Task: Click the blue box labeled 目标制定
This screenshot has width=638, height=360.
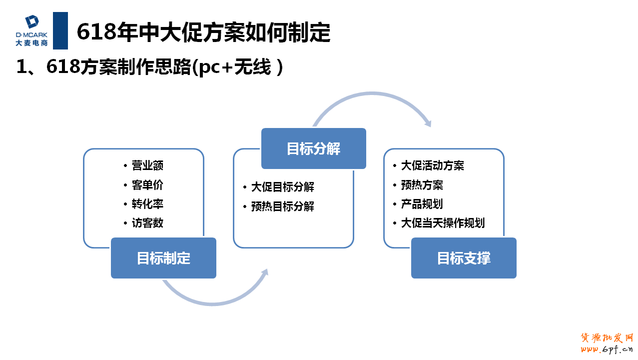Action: click(x=163, y=258)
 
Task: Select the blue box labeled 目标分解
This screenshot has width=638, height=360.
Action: click(x=313, y=148)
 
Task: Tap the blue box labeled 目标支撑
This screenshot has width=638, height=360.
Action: click(x=464, y=258)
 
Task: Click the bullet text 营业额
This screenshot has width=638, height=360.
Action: click(x=147, y=165)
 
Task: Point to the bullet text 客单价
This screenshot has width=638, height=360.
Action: click(x=147, y=185)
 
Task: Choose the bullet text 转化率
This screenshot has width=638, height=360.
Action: click(x=147, y=204)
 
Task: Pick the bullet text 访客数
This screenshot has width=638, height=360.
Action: click(x=147, y=223)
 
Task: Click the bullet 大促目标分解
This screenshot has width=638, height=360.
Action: click(x=282, y=187)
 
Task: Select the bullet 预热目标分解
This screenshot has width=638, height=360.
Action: click(x=282, y=206)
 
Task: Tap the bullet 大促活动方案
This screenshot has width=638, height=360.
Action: click(x=433, y=165)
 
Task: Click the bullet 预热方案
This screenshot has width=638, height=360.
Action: click(x=422, y=185)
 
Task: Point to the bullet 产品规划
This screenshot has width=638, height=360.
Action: click(x=422, y=204)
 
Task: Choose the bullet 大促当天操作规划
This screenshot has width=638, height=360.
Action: click(x=443, y=223)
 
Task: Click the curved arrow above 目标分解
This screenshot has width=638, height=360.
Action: click(x=372, y=95)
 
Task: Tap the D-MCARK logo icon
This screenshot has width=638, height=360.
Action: click(x=32, y=22)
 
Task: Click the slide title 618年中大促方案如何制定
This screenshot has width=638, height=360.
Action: click(x=203, y=32)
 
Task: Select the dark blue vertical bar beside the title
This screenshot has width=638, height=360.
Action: click(x=60, y=30)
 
